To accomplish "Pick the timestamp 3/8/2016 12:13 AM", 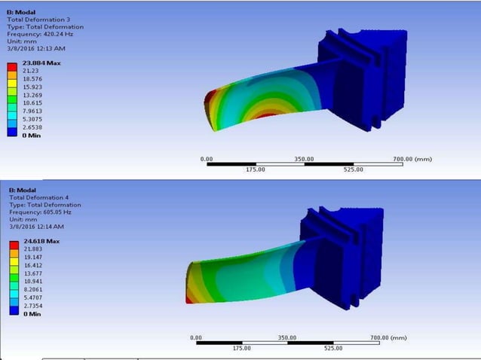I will tap(35, 48).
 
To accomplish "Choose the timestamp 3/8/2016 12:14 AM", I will tap(37, 226).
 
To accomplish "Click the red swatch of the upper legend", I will tap(11, 66).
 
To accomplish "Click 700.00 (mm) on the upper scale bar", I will tap(412, 159).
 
